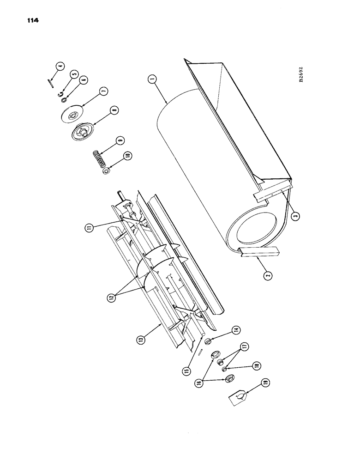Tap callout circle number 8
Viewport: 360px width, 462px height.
point(113,110)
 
